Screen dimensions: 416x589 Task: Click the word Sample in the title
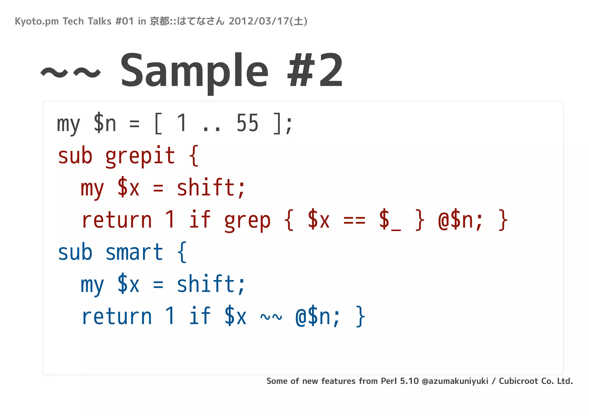tap(194, 71)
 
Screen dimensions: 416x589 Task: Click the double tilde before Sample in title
tap(71, 72)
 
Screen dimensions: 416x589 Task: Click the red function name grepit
tap(140, 156)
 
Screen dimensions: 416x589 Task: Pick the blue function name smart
tap(134, 252)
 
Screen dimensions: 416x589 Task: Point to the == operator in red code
tap(354, 221)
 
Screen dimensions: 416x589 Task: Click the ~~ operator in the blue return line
tap(271, 317)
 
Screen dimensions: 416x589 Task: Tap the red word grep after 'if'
tap(247, 221)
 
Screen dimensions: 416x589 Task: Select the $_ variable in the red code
tap(390, 221)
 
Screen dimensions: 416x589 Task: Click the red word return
tap(116, 221)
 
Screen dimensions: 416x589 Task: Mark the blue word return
tap(116, 317)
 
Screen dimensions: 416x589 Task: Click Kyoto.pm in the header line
tap(37, 21)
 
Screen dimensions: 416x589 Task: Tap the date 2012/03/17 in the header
tap(259, 21)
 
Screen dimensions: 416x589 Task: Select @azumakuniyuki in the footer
tap(455, 381)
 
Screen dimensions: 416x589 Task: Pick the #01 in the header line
tap(124, 21)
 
